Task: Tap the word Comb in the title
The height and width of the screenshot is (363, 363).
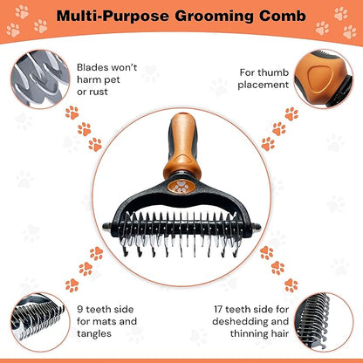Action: click(x=283, y=16)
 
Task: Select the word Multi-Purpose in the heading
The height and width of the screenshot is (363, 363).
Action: click(x=113, y=17)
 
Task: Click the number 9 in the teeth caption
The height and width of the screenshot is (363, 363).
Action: click(x=80, y=309)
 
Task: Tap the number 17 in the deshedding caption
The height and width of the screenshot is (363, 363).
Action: click(x=218, y=309)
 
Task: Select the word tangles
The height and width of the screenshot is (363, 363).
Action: click(x=94, y=333)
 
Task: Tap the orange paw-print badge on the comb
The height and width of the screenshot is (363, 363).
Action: click(x=181, y=187)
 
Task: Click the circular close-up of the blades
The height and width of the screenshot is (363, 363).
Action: click(x=40, y=79)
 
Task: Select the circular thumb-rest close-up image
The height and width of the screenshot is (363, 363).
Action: click(x=324, y=79)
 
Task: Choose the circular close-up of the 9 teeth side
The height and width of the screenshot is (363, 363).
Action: click(x=40, y=322)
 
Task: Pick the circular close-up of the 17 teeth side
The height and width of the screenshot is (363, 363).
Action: click(x=324, y=322)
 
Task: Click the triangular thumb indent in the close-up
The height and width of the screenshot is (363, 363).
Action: click(x=320, y=77)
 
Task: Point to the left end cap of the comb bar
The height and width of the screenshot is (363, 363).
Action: click(x=107, y=227)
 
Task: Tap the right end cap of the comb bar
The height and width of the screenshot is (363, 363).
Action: click(x=256, y=228)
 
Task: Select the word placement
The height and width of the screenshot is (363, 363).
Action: click(x=264, y=85)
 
